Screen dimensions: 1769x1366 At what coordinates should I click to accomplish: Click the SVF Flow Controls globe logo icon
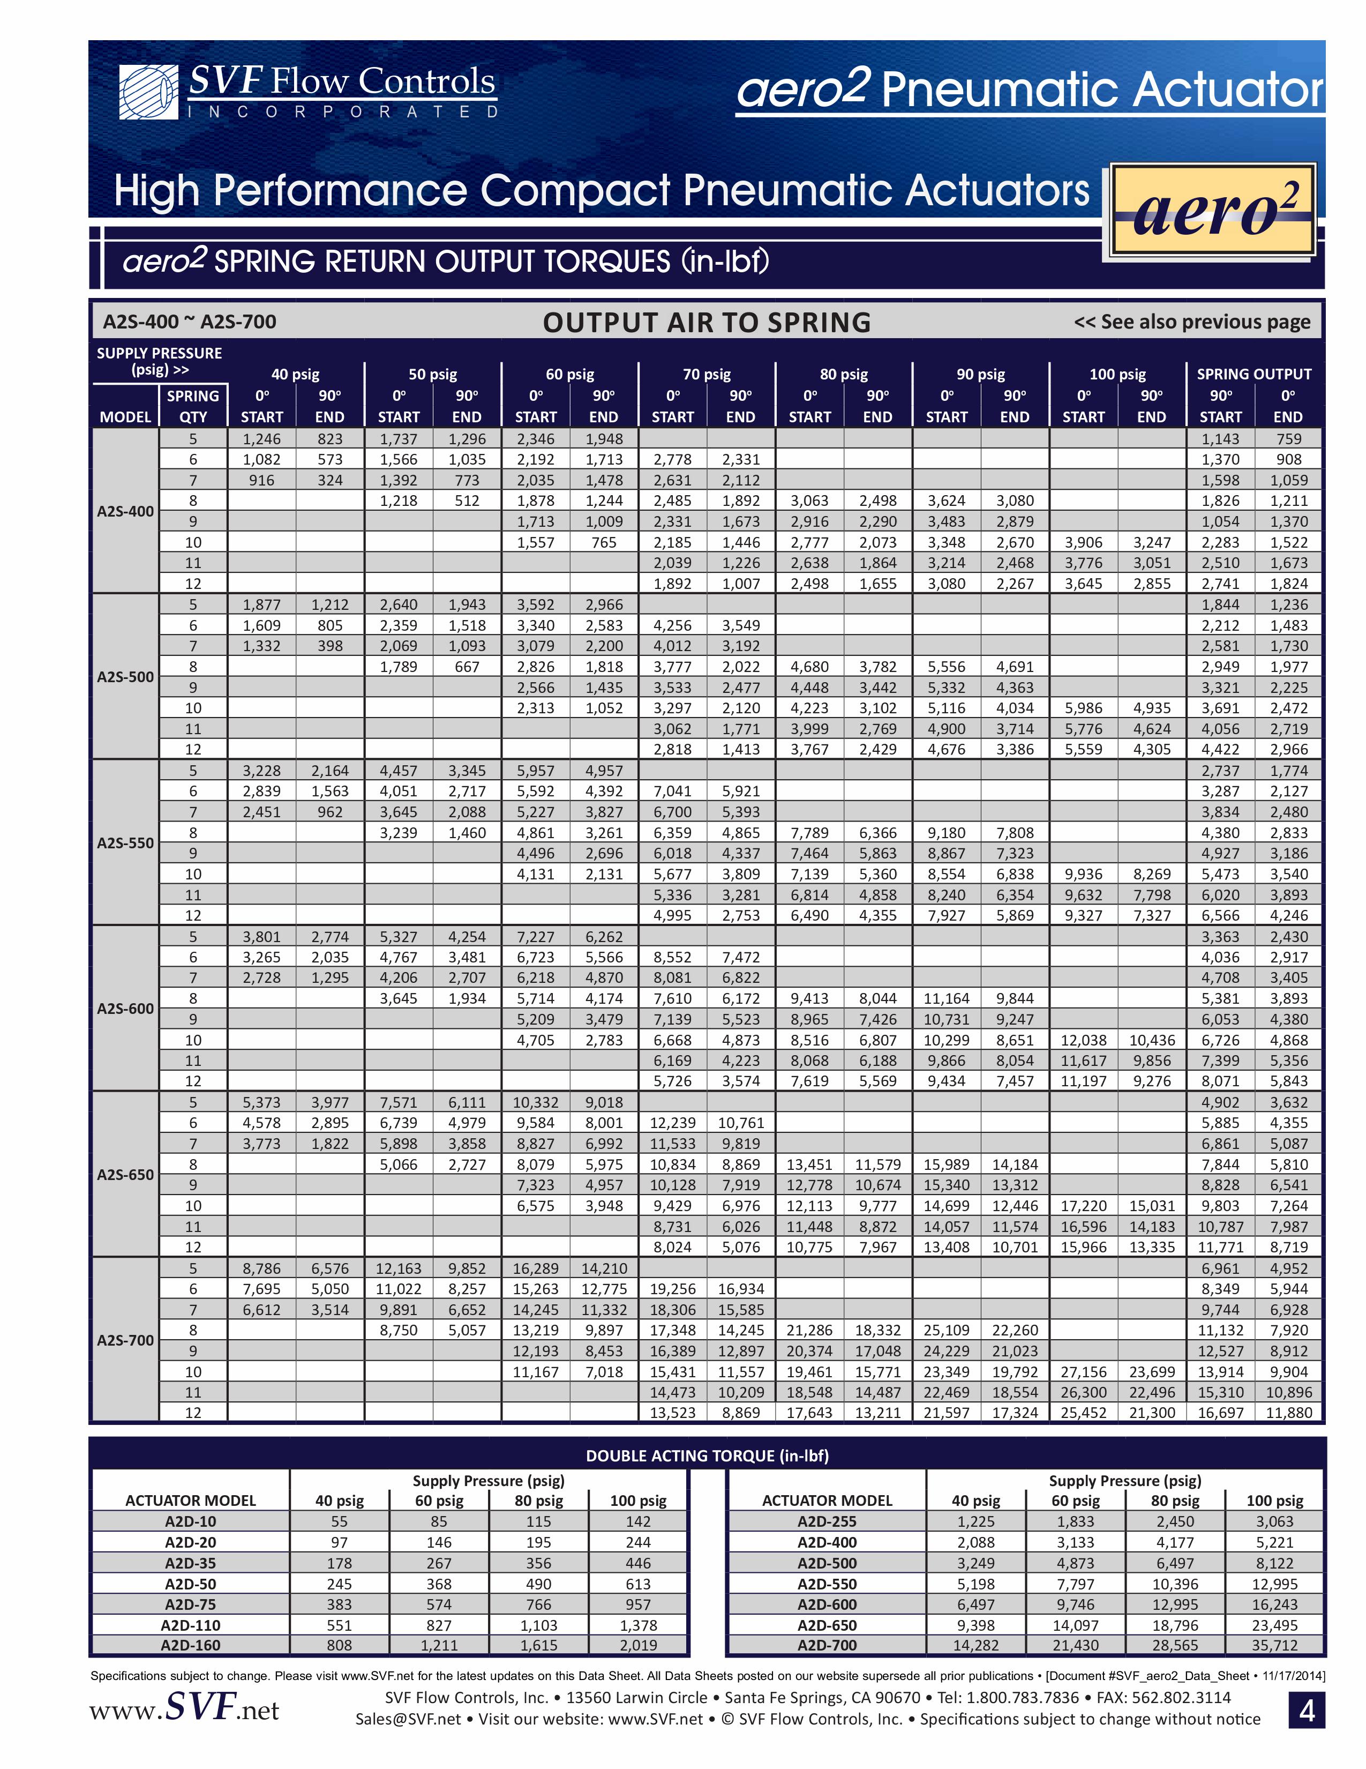pos(148,92)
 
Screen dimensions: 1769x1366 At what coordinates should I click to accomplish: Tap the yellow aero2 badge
pos(1212,211)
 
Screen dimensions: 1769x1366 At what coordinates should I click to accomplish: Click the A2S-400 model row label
pos(125,511)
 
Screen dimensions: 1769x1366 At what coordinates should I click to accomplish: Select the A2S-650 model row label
pos(125,1175)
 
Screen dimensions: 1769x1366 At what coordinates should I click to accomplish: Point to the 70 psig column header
pos(706,374)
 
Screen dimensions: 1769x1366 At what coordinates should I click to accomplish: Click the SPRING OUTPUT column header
pos(1254,374)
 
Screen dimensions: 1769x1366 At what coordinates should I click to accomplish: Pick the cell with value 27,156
pos(1083,1371)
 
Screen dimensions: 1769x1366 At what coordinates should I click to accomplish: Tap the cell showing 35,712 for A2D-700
pos(1274,1645)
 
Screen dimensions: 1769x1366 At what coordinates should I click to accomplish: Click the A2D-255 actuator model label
pos(827,1521)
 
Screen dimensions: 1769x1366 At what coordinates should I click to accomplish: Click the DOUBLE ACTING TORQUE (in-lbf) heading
pos(707,1455)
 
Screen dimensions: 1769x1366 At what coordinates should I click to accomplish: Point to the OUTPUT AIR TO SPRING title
pos(706,323)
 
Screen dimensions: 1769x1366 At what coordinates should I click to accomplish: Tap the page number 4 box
pos(1306,1711)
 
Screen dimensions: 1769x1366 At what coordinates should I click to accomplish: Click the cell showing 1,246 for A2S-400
pos(261,439)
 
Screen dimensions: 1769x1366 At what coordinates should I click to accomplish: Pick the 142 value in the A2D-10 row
pos(638,1521)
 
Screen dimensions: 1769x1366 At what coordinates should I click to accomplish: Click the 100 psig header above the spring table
pos(1117,374)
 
